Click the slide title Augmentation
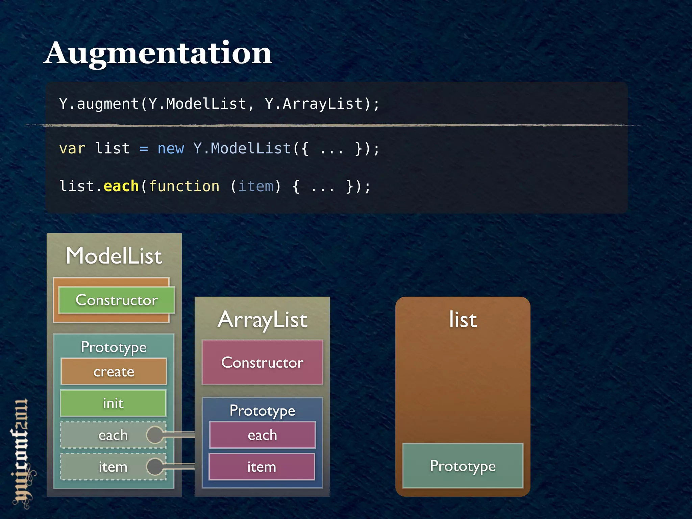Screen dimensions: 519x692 pyautogui.click(x=158, y=53)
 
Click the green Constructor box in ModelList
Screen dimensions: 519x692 pyautogui.click(x=117, y=300)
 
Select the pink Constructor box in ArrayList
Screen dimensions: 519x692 pyautogui.click(x=262, y=363)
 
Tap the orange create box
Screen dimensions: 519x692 pyautogui.click(x=114, y=372)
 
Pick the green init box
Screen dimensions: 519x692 pyautogui.click(x=113, y=403)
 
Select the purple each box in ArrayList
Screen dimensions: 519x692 pyautogui.click(x=262, y=435)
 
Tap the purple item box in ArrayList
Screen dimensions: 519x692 pyautogui.click(x=262, y=467)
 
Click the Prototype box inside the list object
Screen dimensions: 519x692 pyautogui.click(x=463, y=466)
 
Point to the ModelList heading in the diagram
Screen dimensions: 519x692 pyautogui.click(x=114, y=256)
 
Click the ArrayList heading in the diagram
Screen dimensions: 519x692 pyautogui.click(x=263, y=320)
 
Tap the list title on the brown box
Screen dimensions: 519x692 pyautogui.click(x=463, y=320)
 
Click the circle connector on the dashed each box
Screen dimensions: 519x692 pyautogui.click(x=155, y=435)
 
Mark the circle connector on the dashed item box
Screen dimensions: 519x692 pyautogui.click(x=155, y=467)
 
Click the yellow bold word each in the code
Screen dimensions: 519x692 pyautogui.click(x=121, y=186)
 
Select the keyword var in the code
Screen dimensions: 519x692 pyautogui.click(x=72, y=149)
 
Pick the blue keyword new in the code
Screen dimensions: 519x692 pyautogui.click(x=171, y=149)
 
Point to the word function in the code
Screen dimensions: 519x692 pyautogui.click(x=184, y=186)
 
